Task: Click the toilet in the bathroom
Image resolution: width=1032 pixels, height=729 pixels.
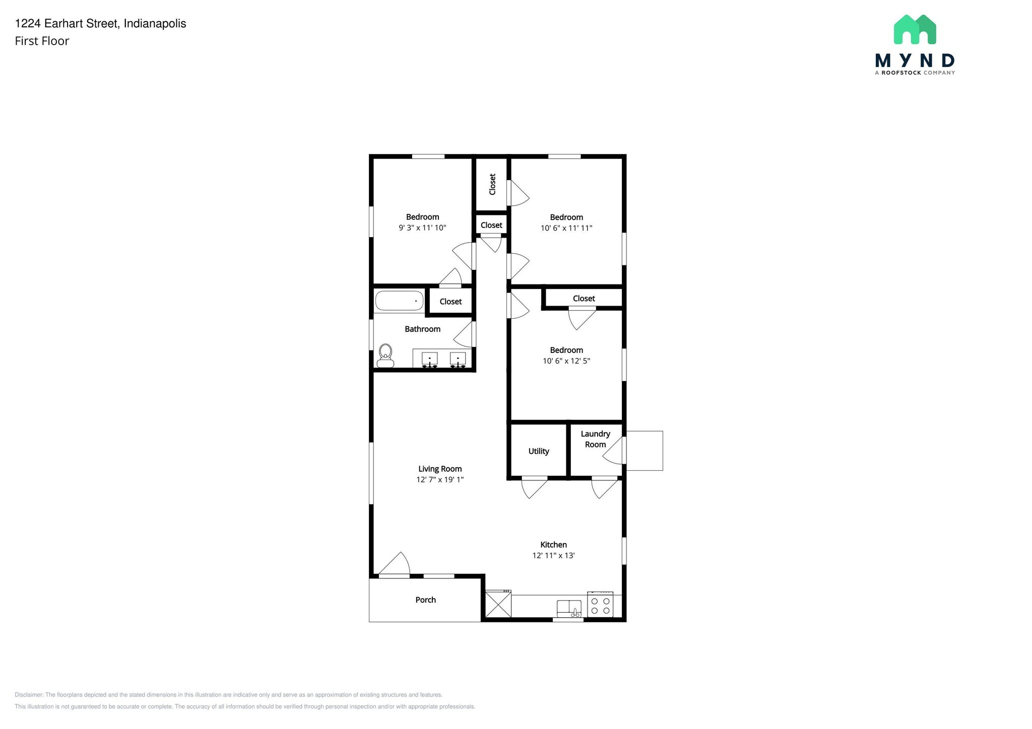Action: (x=385, y=355)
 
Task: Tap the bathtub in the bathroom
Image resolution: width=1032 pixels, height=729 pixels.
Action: (x=399, y=301)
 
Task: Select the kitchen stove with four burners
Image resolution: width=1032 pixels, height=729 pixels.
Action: (x=600, y=605)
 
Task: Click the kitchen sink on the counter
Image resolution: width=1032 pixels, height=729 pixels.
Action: (x=569, y=608)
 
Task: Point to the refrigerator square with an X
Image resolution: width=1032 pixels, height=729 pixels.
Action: (x=498, y=604)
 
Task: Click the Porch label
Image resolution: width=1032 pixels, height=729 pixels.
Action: (x=426, y=600)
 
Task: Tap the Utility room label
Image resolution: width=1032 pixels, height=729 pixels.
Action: (x=539, y=451)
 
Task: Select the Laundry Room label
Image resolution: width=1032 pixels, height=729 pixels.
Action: (x=596, y=439)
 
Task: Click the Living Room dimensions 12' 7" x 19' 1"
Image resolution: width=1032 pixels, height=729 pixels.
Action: (x=440, y=480)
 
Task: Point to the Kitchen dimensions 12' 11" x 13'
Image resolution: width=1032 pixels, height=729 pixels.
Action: (x=554, y=555)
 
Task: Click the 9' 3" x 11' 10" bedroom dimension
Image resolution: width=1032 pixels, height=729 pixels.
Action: (x=422, y=228)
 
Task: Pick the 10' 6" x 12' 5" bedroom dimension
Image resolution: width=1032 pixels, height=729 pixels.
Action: (x=566, y=360)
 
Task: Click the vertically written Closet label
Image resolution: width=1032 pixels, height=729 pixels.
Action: (x=492, y=184)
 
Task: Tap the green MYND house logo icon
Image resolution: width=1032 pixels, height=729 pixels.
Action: (x=915, y=29)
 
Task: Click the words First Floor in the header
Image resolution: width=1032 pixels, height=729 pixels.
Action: (x=42, y=41)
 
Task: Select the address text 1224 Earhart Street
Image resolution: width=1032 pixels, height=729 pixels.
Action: (x=67, y=24)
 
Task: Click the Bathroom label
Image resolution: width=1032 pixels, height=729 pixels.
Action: (x=423, y=329)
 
